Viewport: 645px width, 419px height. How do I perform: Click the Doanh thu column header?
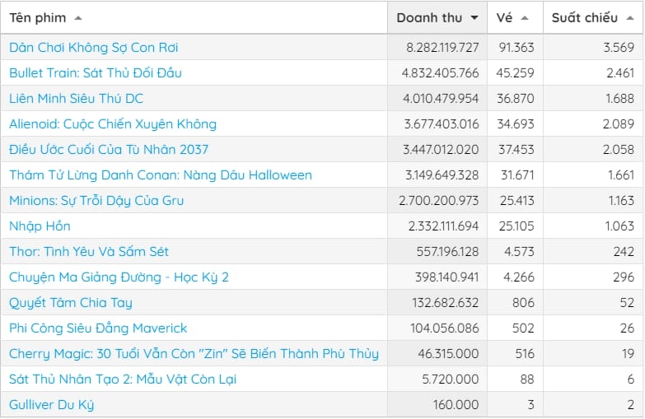click(x=429, y=17)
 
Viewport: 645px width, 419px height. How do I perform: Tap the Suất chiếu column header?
click(x=584, y=17)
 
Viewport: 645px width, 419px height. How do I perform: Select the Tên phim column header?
click(x=38, y=17)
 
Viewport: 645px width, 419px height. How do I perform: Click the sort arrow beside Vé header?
click(x=525, y=17)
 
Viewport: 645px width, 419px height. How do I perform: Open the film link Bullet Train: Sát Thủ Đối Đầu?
click(x=96, y=73)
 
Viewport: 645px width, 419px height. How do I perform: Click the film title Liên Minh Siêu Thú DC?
click(x=76, y=99)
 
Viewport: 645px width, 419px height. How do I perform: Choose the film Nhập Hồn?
click(x=40, y=226)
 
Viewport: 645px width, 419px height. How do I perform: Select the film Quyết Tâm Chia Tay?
click(x=71, y=303)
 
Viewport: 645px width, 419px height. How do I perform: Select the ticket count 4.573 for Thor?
click(x=519, y=252)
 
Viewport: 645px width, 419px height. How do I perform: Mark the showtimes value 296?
click(x=624, y=277)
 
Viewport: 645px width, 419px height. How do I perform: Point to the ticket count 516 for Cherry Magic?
click(x=524, y=354)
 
